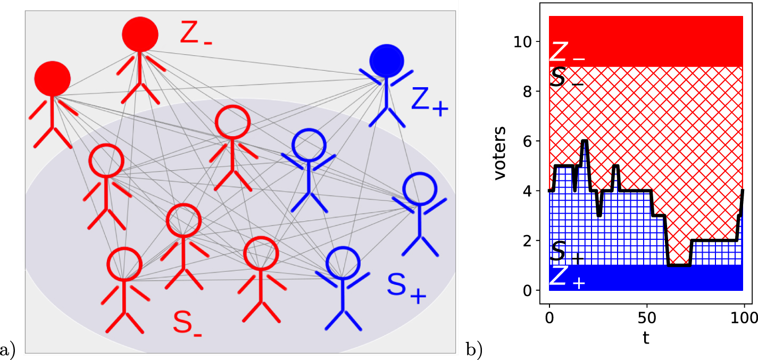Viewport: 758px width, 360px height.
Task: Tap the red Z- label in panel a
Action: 195,34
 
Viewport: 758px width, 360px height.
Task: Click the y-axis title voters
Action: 499,154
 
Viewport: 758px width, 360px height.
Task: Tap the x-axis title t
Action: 646,338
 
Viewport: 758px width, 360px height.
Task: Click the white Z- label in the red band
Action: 567,52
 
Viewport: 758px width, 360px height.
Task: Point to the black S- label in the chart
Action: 567,78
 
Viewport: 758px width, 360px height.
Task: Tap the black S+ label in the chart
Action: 567,252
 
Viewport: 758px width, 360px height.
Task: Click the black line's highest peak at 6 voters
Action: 585,141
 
